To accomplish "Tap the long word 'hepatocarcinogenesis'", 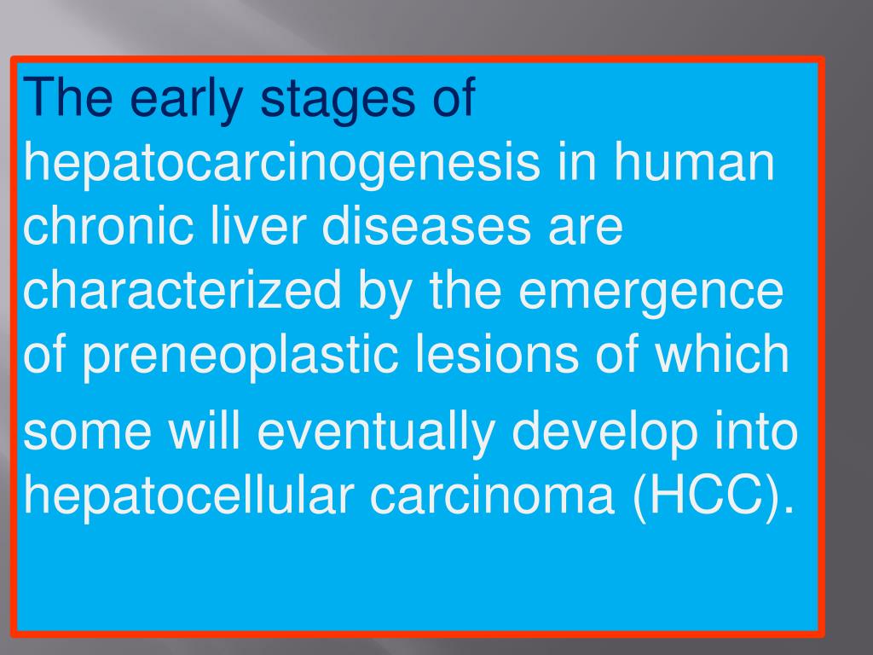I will tap(281, 163).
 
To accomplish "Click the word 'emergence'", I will tap(651, 291).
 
